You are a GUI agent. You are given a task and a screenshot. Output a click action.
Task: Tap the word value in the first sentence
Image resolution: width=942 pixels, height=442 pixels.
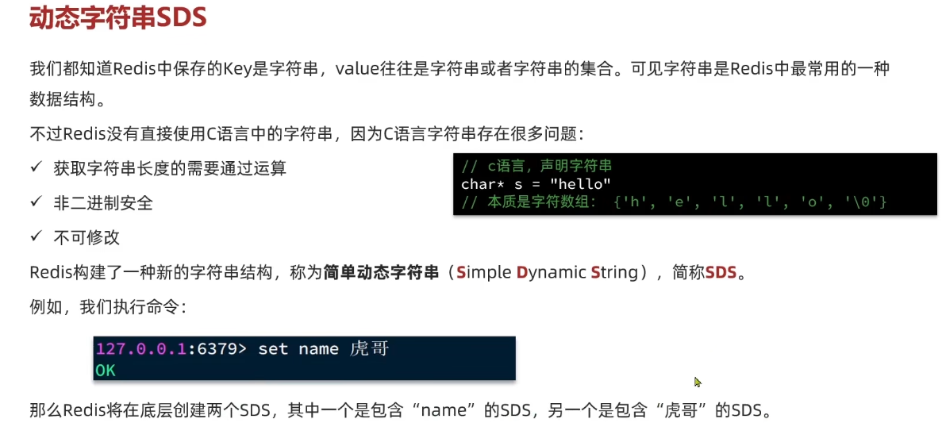click(357, 68)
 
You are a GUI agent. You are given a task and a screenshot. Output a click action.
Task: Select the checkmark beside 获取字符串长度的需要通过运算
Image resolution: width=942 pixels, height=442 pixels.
click(36, 167)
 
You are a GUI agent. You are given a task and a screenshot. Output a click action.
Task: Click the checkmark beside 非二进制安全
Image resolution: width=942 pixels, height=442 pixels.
click(36, 202)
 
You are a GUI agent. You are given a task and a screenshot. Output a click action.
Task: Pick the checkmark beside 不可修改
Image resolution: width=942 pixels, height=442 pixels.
click(36, 236)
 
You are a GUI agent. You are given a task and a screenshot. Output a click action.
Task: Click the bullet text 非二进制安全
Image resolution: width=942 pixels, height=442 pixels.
click(103, 203)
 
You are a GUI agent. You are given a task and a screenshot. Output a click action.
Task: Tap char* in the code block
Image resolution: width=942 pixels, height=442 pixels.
click(481, 184)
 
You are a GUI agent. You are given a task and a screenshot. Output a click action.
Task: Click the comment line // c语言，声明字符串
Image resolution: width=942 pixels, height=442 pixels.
click(536, 167)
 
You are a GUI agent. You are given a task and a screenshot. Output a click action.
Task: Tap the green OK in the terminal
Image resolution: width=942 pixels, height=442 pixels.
click(106, 370)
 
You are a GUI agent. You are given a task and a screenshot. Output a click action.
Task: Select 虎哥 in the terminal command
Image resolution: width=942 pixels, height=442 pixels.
click(369, 349)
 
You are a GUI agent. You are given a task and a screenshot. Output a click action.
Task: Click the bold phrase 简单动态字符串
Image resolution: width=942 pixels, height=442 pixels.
click(381, 273)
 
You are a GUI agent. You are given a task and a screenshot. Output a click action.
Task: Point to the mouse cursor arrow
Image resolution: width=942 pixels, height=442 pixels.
click(698, 382)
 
